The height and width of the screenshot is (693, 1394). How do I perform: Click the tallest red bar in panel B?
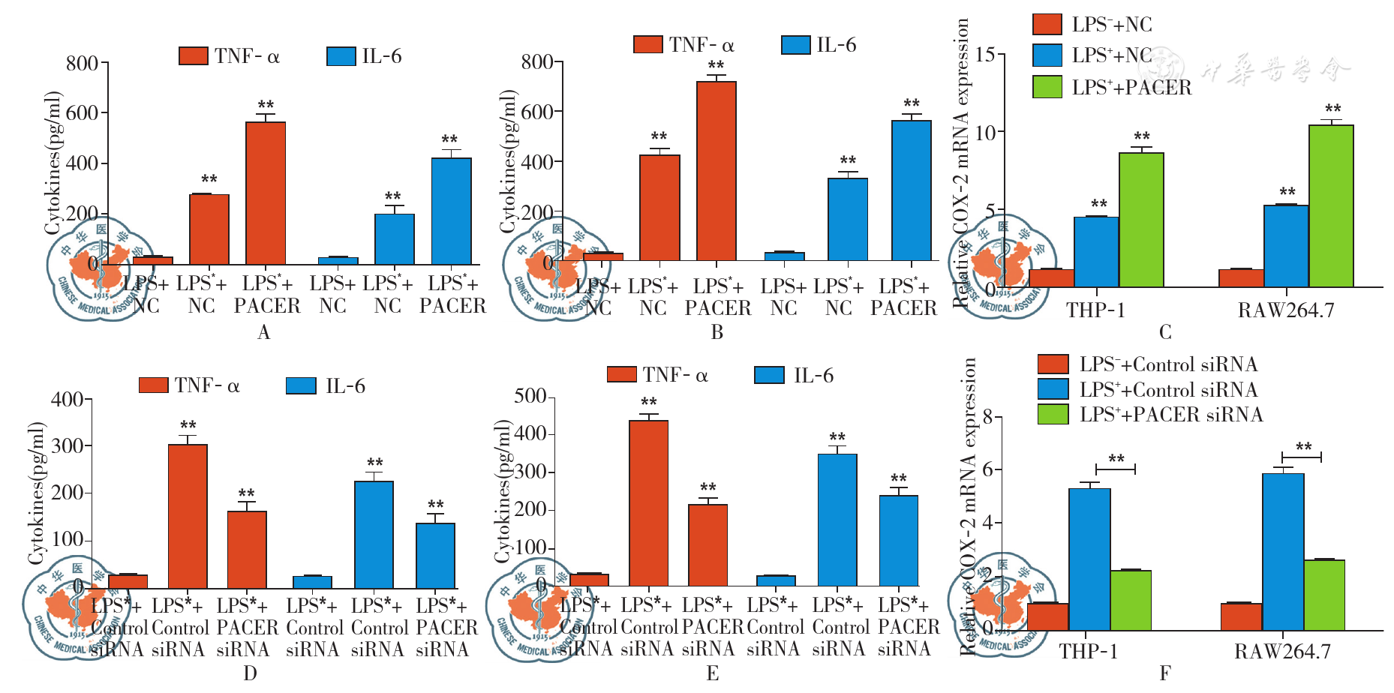click(716, 171)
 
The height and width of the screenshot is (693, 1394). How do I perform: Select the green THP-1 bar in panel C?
click(1141, 220)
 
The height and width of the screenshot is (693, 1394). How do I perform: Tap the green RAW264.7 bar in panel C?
click(1331, 205)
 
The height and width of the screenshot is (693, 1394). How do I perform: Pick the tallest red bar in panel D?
click(188, 516)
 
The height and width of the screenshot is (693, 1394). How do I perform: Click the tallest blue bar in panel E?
click(837, 520)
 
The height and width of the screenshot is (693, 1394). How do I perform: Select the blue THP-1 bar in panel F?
click(1089, 559)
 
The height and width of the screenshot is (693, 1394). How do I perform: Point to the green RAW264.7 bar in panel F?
click(1324, 594)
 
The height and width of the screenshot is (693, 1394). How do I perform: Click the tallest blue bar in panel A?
click(451, 211)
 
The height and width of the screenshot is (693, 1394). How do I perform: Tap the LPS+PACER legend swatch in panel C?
click(1047, 87)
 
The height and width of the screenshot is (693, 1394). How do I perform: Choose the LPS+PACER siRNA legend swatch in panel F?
click(1053, 414)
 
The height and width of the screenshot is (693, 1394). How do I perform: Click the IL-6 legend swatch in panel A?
click(341, 56)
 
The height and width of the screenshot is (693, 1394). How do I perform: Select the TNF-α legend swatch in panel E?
click(622, 374)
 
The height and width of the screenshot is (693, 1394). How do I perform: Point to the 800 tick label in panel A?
click(82, 64)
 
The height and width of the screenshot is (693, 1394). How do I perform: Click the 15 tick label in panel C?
click(986, 55)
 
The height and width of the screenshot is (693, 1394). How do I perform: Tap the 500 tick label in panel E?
click(530, 396)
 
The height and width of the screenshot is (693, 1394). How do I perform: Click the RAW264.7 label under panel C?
click(1286, 310)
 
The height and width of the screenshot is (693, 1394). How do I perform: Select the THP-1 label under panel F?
click(1089, 652)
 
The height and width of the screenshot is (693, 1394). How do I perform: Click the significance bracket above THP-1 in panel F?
click(1116, 468)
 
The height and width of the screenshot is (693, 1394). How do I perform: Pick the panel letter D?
click(251, 673)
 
